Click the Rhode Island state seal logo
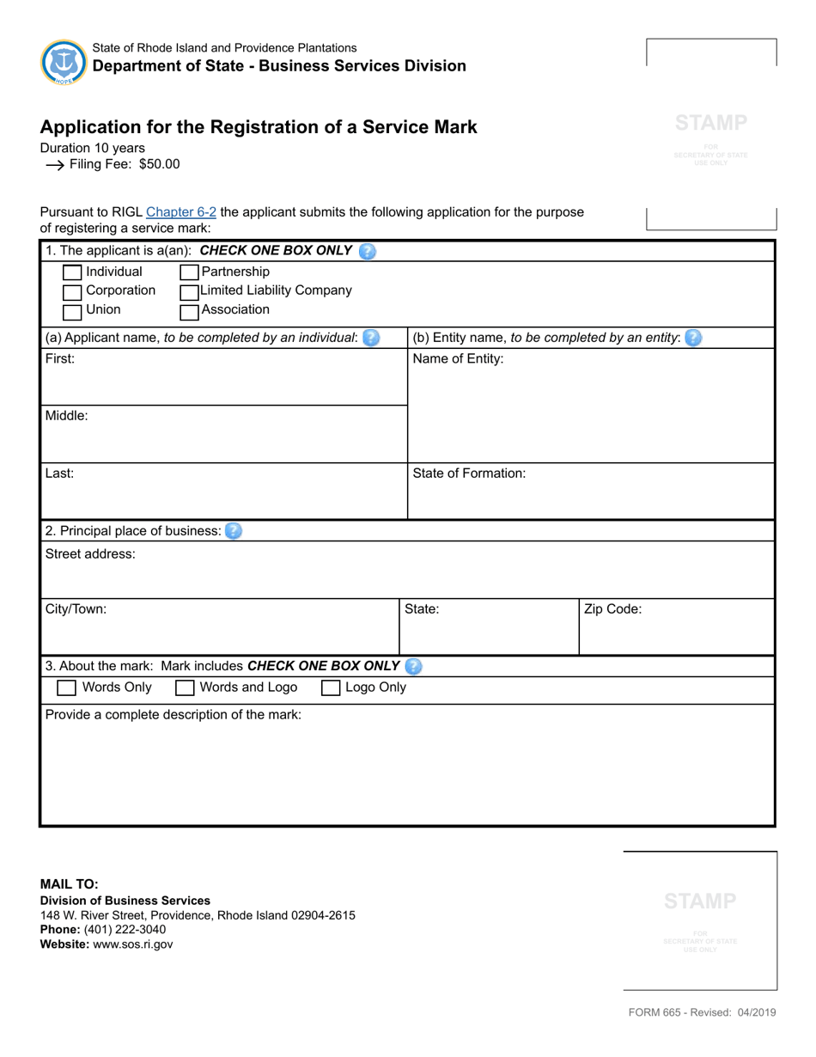pyautogui.click(x=64, y=62)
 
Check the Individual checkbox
pyautogui.click(x=73, y=273)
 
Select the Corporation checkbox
pyautogui.click(x=73, y=292)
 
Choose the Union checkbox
pyautogui.click(x=73, y=311)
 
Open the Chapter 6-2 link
pyautogui.click(x=181, y=212)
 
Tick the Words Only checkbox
pyautogui.click(x=66, y=688)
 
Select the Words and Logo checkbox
pyautogui.click(x=185, y=688)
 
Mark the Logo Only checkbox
pyautogui.click(x=331, y=688)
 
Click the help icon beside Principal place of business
pyautogui.click(x=234, y=531)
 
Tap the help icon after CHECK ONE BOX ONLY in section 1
pyautogui.click(x=367, y=252)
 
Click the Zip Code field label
pyautogui.click(x=612, y=610)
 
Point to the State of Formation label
pyautogui.click(x=469, y=474)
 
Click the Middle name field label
pyautogui.click(x=66, y=416)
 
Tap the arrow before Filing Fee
pyautogui.click(x=54, y=165)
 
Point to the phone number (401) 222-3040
pyautogui.click(x=125, y=930)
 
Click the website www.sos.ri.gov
pyautogui.click(x=132, y=944)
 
